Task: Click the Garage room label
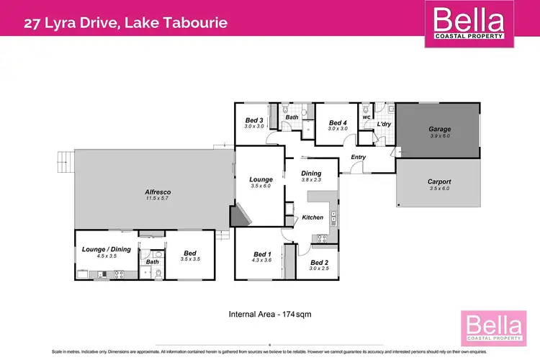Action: [439, 130]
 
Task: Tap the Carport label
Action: [439, 181]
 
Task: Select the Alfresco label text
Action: [157, 192]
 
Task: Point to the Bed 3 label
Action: [253, 120]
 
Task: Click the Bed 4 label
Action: [338, 123]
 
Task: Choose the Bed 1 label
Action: [261, 253]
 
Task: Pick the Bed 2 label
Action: [320, 262]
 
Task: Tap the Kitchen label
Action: [312, 217]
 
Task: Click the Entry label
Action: [359, 157]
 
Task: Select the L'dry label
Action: [383, 125]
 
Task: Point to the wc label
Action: [366, 117]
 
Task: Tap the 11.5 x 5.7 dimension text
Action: [157, 199]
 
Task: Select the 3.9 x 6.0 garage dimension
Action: [439, 137]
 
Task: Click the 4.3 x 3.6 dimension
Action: [261, 261]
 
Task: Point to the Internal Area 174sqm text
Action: [269, 314]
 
